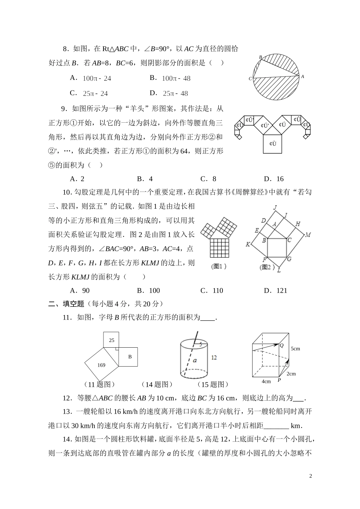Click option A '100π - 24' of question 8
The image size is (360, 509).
91,78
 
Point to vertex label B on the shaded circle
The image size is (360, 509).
260,57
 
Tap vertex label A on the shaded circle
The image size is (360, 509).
302,77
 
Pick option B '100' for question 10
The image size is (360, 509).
149,290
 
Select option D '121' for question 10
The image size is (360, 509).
275,290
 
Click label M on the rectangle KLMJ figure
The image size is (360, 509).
308,235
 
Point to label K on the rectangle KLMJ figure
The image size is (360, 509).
248,244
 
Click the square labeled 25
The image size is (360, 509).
111,340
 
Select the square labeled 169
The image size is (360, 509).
101,365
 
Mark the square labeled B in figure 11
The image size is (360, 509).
128,357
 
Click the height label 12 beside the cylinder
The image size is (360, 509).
214,357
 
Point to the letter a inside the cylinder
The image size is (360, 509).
194,360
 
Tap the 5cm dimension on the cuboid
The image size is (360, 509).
295,348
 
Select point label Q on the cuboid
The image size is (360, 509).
281,345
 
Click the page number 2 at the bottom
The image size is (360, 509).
310,476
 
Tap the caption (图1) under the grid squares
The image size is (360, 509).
219,266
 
